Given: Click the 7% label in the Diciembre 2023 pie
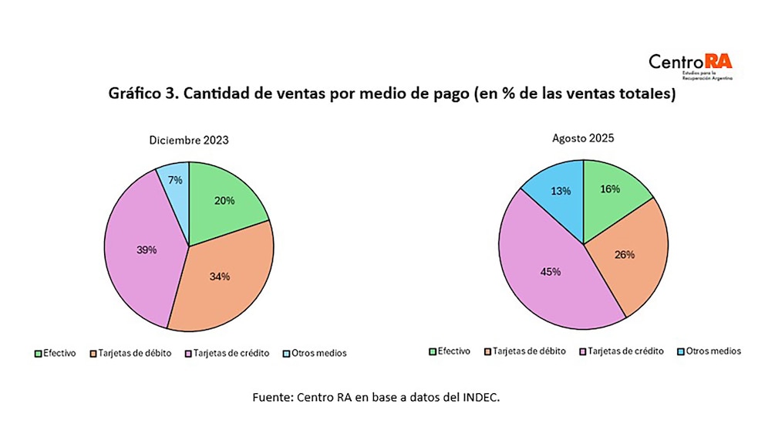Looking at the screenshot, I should (175, 180).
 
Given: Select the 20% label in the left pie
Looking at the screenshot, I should (224, 200).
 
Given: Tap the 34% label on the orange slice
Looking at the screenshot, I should (219, 277).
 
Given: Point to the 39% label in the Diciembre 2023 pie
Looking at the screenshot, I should (147, 249).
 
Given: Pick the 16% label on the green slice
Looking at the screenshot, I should (609, 189).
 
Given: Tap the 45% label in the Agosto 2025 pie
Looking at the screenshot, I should (551, 271).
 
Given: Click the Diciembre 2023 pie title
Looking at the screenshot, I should (189, 141).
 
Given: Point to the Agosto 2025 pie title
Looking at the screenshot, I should (582, 139).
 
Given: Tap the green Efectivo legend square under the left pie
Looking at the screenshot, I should (39, 354).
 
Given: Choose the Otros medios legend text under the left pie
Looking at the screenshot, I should (320, 353).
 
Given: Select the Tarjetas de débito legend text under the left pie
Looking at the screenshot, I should (140, 353).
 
